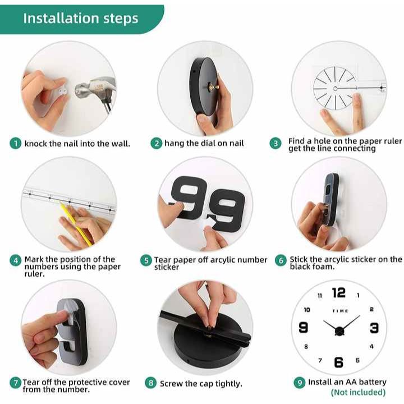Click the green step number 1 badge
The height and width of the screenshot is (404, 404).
[16, 144]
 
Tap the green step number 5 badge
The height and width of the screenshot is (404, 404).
[146, 260]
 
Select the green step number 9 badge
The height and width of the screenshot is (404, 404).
[300, 382]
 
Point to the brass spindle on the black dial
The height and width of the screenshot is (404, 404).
[214, 88]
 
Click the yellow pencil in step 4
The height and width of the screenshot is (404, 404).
[76, 224]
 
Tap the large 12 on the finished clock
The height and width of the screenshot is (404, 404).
[338, 293]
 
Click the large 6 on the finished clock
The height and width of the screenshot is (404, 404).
[338, 362]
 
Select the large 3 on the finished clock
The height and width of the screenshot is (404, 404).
[374, 328]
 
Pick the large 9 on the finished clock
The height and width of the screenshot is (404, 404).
[303, 328]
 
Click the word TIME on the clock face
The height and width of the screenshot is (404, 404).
[340, 311]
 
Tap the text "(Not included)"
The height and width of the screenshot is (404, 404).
[358, 392]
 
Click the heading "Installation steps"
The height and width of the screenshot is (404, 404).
[81, 19]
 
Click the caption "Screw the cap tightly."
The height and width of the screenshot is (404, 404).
[201, 384]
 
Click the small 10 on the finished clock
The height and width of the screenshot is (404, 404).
[306, 310]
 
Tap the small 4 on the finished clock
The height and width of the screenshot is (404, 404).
[371, 346]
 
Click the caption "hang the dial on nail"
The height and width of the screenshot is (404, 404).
[204, 143]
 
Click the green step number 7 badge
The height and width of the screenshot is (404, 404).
[16, 383]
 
